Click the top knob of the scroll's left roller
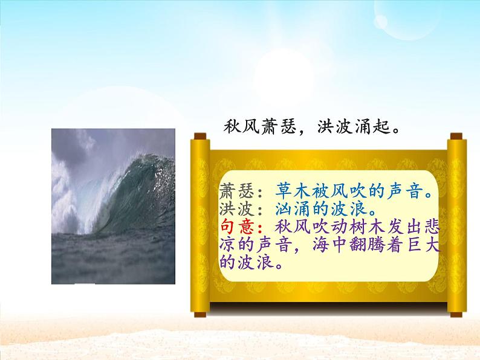pyautogui.click(x=198, y=138)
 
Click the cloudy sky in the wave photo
pyautogui.click(x=85, y=145)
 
